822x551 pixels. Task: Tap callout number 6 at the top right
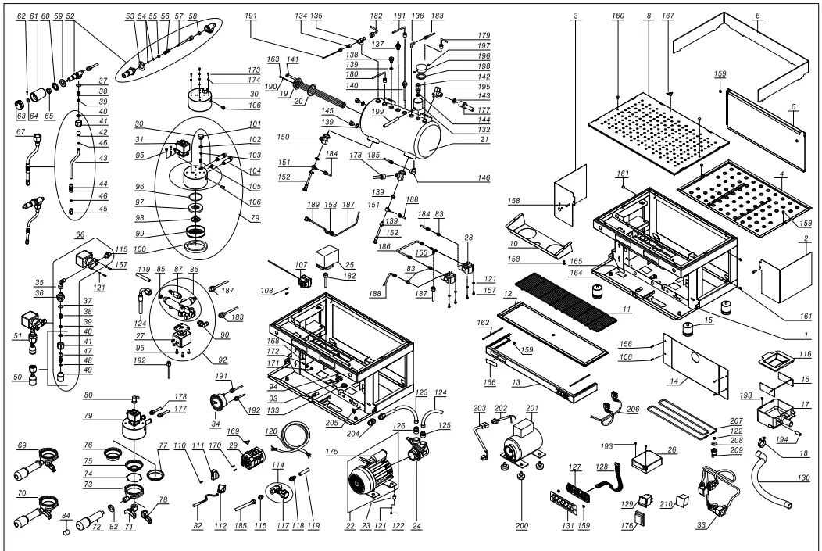[756, 17]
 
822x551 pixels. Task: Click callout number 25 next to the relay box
[349, 266]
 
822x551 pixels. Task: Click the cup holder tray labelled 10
[538, 234]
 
